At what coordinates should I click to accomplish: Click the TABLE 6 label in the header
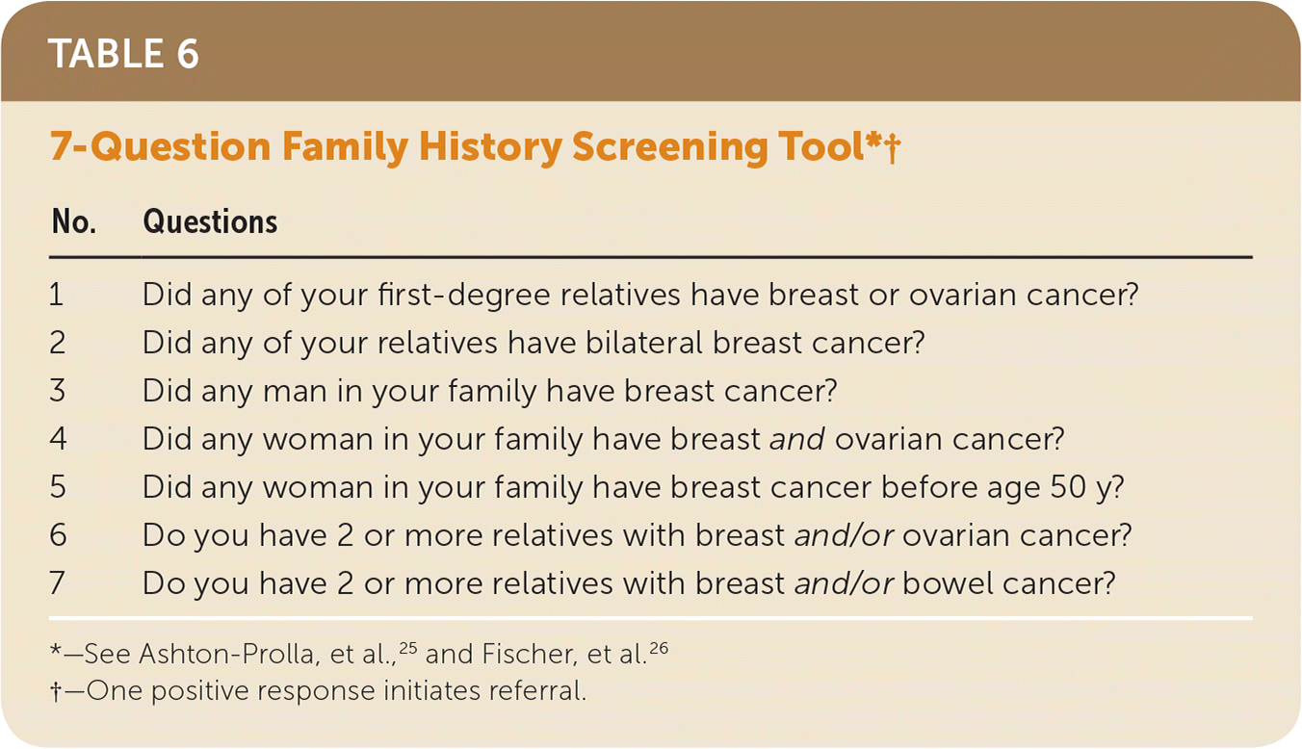coord(123,54)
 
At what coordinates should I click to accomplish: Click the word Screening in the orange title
coord(669,147)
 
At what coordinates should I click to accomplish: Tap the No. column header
coord(74,221)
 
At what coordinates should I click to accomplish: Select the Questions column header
coord(210,221)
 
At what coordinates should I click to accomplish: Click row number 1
coord(57,294)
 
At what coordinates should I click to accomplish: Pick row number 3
coord(57,390)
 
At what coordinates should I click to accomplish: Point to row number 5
coord(58,486)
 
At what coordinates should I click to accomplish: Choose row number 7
coord(57,582)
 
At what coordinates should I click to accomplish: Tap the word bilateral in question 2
coord(643,343)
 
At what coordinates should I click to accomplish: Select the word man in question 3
coord(295,392)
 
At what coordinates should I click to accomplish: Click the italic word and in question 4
coord(796,439)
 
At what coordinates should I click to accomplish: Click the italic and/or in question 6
coord(844,535)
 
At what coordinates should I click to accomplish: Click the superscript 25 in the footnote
coord(408,647)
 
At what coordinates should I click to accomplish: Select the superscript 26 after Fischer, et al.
coord(659,647)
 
